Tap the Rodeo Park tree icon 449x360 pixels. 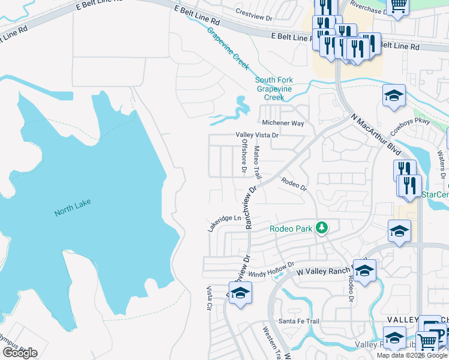click(x=322, y=227)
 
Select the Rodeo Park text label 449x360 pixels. click(x=291, y=229)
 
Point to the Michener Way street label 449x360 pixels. click(x=283, y=123)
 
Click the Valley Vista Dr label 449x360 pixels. click(x=257, y=136)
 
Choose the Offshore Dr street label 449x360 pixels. click(x=244, y=157)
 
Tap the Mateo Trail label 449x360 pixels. click(x=258, y=163)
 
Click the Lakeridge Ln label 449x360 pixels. click(x=224, y=223)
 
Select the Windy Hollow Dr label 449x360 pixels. click(x=271, y=269)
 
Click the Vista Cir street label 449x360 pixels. click(x=209, y=298)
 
